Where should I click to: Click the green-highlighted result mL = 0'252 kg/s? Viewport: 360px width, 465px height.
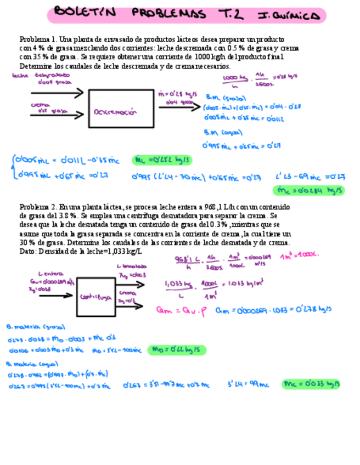click(157, 160)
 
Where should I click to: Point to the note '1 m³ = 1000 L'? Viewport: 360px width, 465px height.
click(300, 256)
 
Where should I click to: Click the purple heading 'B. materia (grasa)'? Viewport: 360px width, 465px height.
click(28, 327)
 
